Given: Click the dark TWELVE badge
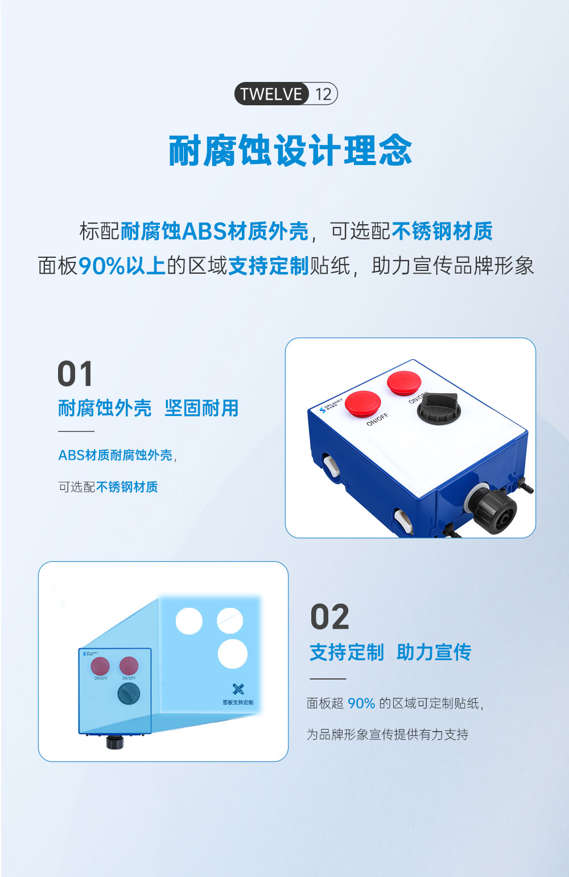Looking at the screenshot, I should tap(271, 94).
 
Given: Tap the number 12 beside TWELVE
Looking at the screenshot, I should tap(323, 94).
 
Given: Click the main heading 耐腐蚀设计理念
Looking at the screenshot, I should tap(290, 151).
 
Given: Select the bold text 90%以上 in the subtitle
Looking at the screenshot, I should tap(122, 266).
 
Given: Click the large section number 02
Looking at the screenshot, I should tap(329, 617).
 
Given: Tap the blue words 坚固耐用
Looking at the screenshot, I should tap(201, 408).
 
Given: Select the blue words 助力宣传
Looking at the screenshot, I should tap(434, 652).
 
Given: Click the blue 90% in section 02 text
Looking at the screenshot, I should tap(361, 704).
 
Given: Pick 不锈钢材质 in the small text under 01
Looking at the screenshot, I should tap(127, 487).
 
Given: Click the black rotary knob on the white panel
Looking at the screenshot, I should tap(439, 407).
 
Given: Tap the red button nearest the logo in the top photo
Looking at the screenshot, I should tap(362, 402).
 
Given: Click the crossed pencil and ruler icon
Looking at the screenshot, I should tap(238, 689).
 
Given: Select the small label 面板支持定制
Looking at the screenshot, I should tap(238, 702).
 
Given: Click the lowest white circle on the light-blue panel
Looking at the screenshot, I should tap(233, 654).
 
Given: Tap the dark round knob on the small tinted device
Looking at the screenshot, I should tap(129, 694).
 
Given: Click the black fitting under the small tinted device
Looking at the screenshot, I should tap(115, 742).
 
